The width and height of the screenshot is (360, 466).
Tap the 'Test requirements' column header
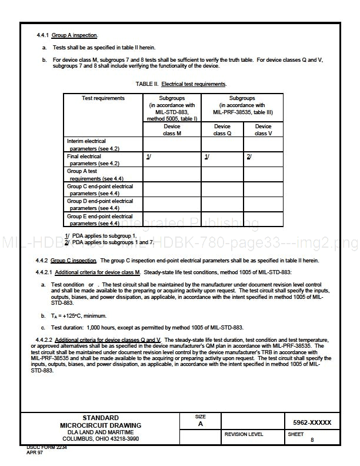tap(103, 98)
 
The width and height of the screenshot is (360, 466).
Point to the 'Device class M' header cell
tap(172, 129)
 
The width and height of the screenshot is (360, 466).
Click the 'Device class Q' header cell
tap(222, 129)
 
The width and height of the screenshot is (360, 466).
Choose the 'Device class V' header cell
tap(263, 129)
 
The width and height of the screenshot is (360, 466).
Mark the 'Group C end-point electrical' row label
tap(99, 189)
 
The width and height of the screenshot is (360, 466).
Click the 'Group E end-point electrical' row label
tap(99, 219)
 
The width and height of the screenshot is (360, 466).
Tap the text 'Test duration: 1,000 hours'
tap(97, 327)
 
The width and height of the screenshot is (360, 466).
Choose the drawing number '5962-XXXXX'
tap(312, 422)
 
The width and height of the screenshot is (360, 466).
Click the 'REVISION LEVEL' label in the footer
tap(244, 434)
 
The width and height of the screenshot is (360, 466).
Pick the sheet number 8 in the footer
tap(312, 440)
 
